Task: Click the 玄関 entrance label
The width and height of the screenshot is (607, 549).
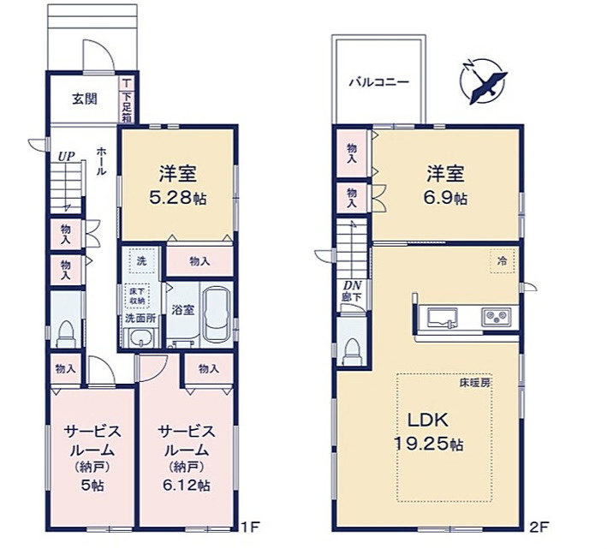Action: (x=84, y=98)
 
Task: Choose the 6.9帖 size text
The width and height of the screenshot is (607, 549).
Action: (x=446, y=198)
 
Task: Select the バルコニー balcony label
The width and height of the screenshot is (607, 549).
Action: (x=378, y=83)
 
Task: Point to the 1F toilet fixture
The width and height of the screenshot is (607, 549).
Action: (x=66, y=332)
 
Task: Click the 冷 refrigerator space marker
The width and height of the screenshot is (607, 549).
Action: (x=503, y=260)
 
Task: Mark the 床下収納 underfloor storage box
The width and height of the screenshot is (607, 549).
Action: (x=138, y=295)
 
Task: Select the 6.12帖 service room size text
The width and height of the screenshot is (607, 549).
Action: (x=181, y=485)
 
